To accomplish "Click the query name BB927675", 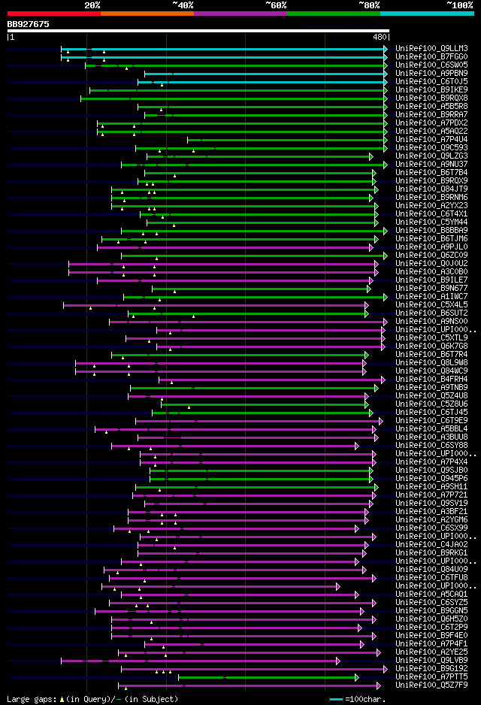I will [29, 25].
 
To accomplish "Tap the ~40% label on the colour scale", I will [183, 5].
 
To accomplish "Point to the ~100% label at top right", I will [459, 5].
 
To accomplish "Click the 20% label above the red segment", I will [92, 5].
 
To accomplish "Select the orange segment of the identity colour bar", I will [147, 13].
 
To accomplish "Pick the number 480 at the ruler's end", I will [380, 36].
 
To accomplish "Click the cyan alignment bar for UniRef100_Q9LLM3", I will [225, 49].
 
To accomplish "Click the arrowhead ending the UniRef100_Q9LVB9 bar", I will [338, 661].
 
